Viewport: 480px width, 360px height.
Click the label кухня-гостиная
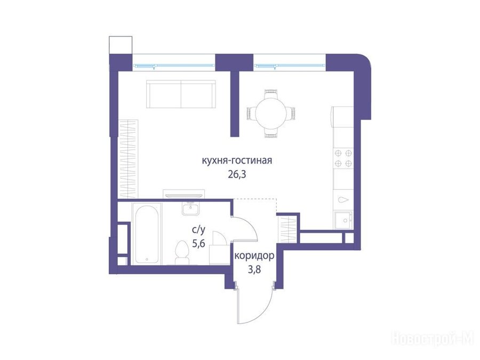pyautogui.click(x=237, y=161)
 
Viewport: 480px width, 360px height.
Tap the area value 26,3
pyautogui.click(x=237, y=175)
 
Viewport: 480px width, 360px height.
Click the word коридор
pyautogui.click(x=254, y=256)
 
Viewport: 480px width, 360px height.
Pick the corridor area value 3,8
pyautogui.click(x=254, y=270)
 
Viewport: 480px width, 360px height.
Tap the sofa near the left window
pyautogui.click(x=181, y=94)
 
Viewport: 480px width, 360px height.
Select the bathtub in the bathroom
pyautogui.click(x=147, y=234)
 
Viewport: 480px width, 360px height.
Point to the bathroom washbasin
pyautogui.click(x=190, y=209)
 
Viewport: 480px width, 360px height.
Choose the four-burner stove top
pyautogui.click(x=343, y=158)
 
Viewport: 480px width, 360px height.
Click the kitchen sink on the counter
pyautogui.click(x=343, y=220)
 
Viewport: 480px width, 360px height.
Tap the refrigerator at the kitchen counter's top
pyautogui.click(x=342, y=117)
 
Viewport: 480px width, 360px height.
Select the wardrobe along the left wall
pyautogui.click(x=128, y=159)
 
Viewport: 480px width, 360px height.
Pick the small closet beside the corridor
pyautogui.click(x=286, y=229)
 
